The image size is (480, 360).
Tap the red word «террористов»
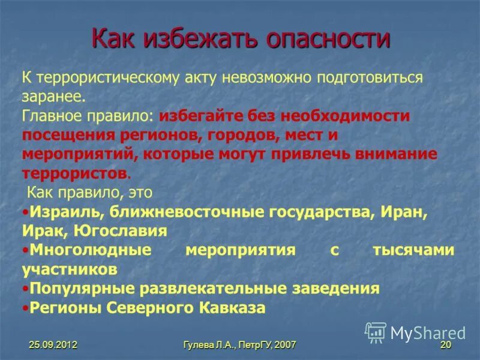(x=74, y=173)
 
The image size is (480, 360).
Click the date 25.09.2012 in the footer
(x=53, y=345)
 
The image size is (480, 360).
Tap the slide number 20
(x=445, y=345)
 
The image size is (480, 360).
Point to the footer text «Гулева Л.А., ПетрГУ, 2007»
(x=240, y=345)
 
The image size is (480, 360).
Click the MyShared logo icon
(x=376, y=332)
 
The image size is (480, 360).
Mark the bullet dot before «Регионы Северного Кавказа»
(x=25, y=308)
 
